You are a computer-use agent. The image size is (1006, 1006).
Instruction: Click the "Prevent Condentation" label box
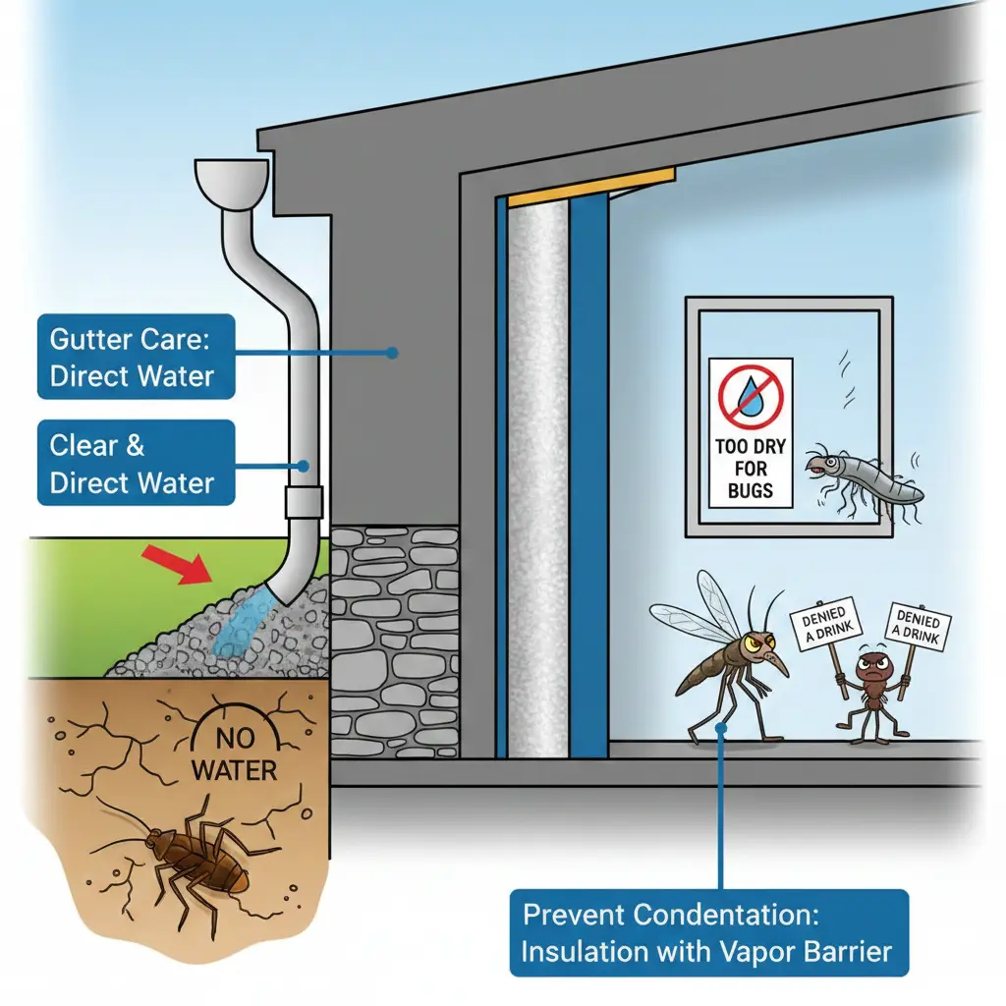[x=707, y=932]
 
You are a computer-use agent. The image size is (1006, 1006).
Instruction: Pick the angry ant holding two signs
[x=870, y=687]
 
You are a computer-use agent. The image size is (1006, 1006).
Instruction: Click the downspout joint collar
[x=303, y=502]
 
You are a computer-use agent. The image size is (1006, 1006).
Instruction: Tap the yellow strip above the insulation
[x=589, y=189]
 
